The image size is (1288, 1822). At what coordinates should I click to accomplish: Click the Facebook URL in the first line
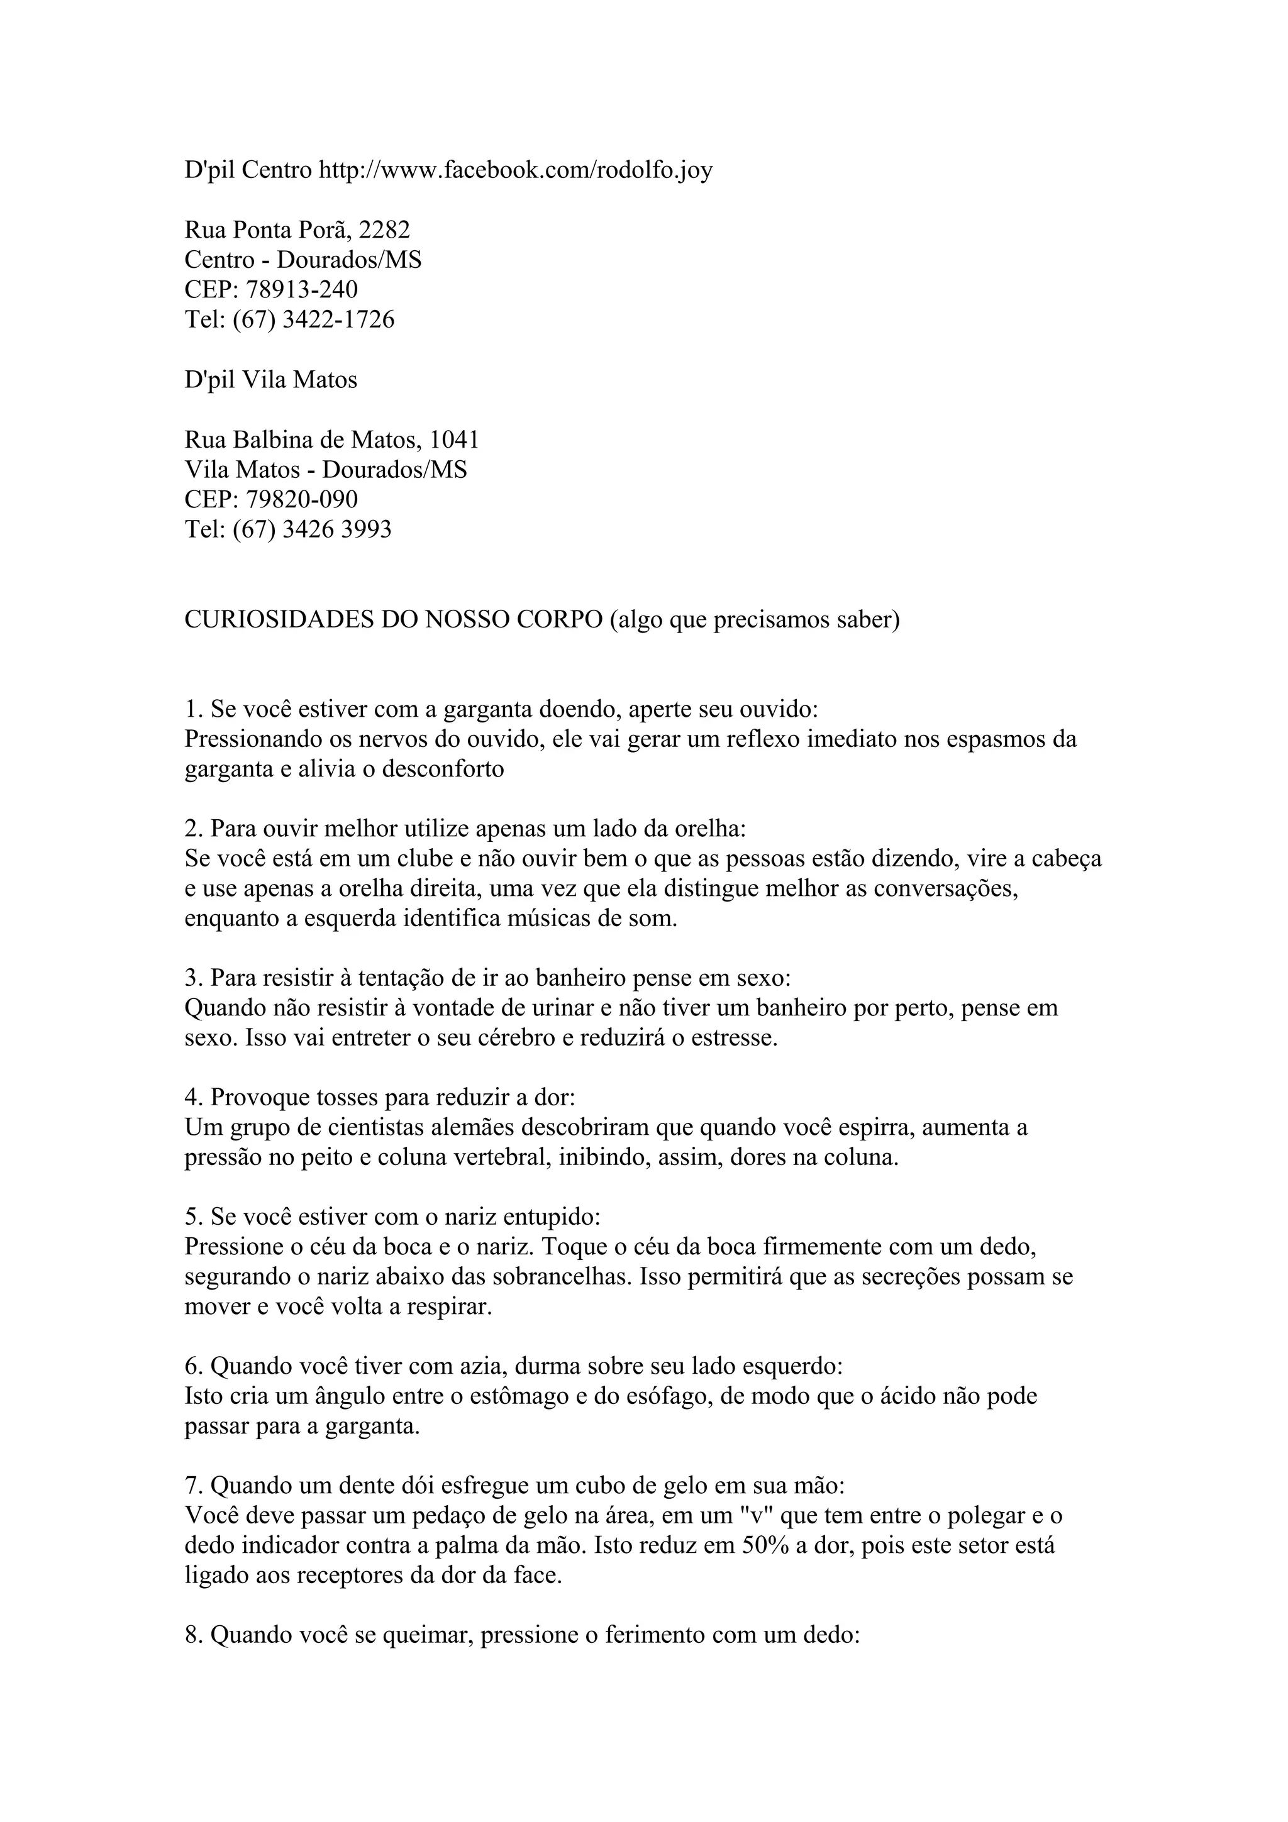pos(516,170)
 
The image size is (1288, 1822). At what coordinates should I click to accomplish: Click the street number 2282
pos(384,230)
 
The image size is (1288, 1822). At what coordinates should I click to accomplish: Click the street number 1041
pos(454,439)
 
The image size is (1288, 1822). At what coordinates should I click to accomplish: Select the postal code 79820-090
pos(302,499)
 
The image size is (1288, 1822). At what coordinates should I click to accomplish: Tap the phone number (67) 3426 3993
pos(312,529)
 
